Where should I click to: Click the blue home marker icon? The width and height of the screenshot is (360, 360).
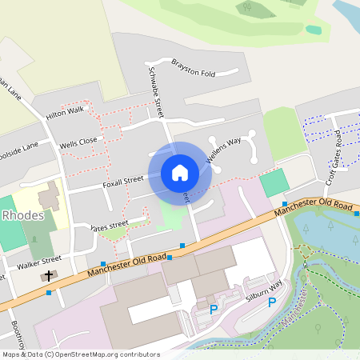click(x=180, y=173)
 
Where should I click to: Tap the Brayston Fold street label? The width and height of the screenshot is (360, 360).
click(x=194, y=67)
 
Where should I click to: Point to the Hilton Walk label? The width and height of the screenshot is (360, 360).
click(x=65, y=113)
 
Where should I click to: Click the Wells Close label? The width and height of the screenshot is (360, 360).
click(x=78, y=144)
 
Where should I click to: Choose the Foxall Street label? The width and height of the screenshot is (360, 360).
click(x=122, y=182)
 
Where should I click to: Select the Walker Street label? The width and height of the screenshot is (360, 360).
click(x=39, y=261)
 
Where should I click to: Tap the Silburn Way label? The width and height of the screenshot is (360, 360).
click(x=265, y=289)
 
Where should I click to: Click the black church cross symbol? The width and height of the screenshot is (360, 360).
click(x=49, y=276)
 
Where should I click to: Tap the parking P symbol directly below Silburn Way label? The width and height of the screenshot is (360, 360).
click(x=271, y=302)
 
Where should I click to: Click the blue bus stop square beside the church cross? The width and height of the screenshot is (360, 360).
click(x=50, y=293)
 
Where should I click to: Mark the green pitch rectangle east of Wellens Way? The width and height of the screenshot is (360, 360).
click(x=274, y=182)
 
